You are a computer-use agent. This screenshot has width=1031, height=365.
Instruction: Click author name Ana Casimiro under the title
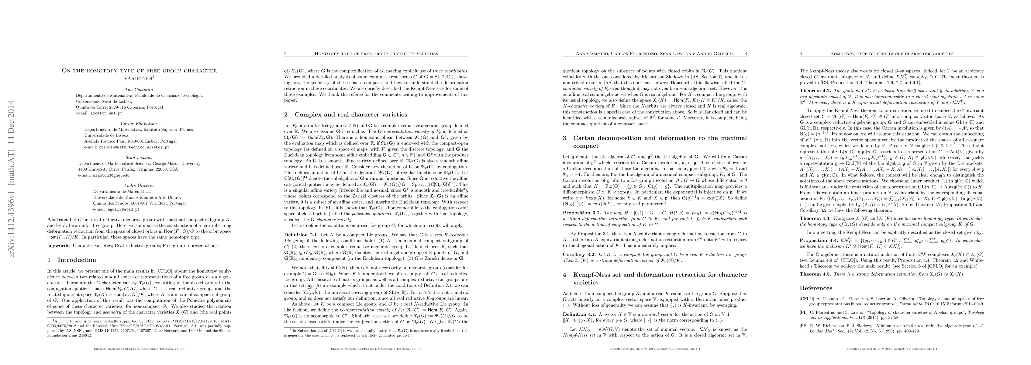[x=139, y=89]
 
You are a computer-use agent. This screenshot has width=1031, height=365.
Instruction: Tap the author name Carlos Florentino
[x=139, y=123]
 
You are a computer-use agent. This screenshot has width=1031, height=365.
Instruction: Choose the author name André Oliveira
[x=139, y=186]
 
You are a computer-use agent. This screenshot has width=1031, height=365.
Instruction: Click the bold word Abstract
[x=57, y=220]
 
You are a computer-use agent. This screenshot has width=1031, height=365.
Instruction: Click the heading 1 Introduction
[x=72, y=260]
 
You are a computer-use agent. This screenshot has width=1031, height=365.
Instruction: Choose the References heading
[x=816, y=288]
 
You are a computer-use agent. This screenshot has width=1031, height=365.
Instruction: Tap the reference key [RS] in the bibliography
[x=804, y=326]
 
